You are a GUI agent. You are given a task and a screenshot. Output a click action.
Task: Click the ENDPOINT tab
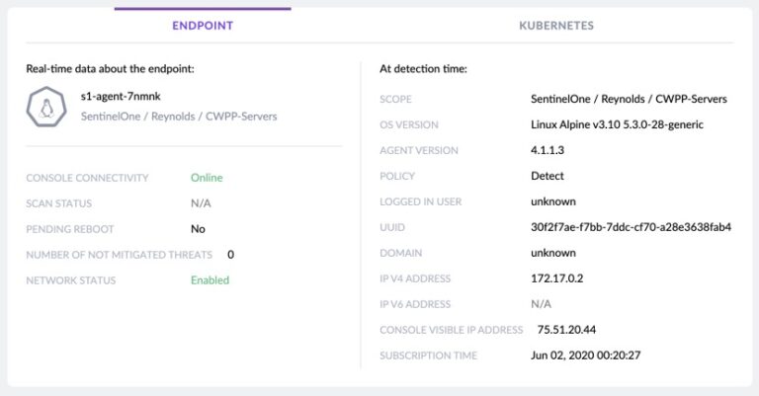coord(203,25)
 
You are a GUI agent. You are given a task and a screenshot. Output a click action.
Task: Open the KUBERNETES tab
coord(556,25)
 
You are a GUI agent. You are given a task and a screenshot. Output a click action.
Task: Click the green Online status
coord(207,178)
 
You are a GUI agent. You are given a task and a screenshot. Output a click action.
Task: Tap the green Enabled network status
coord(210,280)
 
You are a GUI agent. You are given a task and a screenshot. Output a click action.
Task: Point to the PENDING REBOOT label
coord(70,229)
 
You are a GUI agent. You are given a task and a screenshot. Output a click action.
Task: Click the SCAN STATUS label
coord(59,203)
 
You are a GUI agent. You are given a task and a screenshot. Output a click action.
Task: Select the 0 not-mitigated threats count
coord(230,255)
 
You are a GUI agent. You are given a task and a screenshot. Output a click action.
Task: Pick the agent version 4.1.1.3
coord(548,151)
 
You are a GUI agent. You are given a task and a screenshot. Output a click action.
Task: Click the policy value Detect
coord(548,177)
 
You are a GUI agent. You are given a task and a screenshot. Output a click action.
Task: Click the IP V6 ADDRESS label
coord(415,304)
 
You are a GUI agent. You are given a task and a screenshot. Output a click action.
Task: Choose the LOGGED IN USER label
coord(420,202)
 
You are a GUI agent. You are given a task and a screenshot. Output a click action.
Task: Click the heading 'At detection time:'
coord(423,69)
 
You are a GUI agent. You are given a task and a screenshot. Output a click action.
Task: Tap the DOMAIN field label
coord(401,253)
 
